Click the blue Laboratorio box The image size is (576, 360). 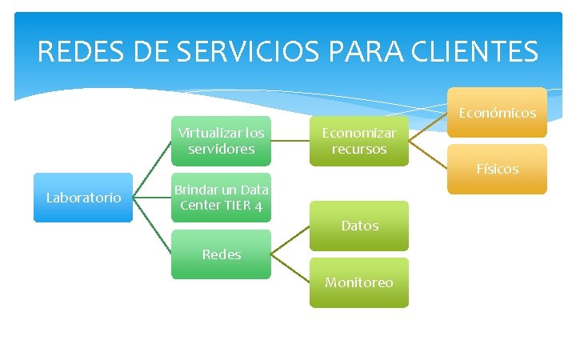[83, 197]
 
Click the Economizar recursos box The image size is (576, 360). [358, 141]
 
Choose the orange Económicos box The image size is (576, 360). [497, 113]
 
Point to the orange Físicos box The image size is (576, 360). [497, 169]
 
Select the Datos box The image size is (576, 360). [359, 226]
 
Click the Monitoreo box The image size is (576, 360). [359, 282]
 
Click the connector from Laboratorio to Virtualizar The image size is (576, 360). [152, 169]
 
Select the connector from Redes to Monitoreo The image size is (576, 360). [290, 268]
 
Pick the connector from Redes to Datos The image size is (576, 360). [290, 240]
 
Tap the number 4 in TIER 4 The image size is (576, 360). [258, 206]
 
